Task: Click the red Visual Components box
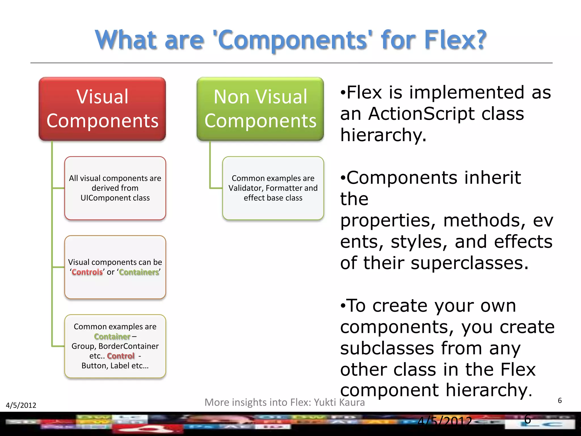click(102, 109)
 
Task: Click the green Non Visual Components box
click(260, 109)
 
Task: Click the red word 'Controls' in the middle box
click(87, 272)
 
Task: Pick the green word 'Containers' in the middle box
click(139, 272)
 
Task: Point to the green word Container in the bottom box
click(112, 336)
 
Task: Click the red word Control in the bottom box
click(121, 356)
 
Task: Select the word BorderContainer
click(128, 346)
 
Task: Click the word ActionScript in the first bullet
click(421, 114)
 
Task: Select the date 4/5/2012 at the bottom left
click(21, 405)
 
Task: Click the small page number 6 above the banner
click(559, 401)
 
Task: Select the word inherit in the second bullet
click(492, 178)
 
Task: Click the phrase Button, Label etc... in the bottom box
click(115, 366)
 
